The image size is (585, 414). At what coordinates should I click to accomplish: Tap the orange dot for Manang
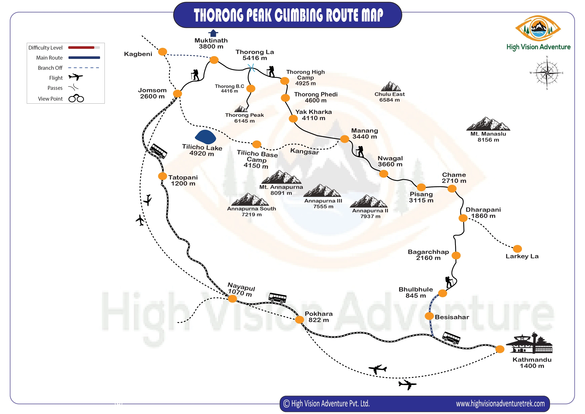[x=345, y=139]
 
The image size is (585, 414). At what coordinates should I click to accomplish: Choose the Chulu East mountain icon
[x=391, y=86]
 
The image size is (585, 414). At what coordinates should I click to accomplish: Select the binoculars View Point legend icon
[x=76, y=98]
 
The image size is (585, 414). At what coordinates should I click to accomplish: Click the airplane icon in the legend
[x=76, y=77]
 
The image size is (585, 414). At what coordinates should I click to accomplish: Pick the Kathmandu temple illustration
[x=529, y=343]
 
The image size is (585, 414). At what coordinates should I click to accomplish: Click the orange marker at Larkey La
[x=517, y=249]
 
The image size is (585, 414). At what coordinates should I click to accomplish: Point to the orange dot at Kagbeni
[x=163, y=52]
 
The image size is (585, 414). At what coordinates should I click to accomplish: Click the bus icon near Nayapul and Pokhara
[x=277, y=298]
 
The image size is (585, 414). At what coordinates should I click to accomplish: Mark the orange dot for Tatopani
[x=163, y=176]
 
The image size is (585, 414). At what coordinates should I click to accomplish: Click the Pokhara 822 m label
[x=319, y=317]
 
